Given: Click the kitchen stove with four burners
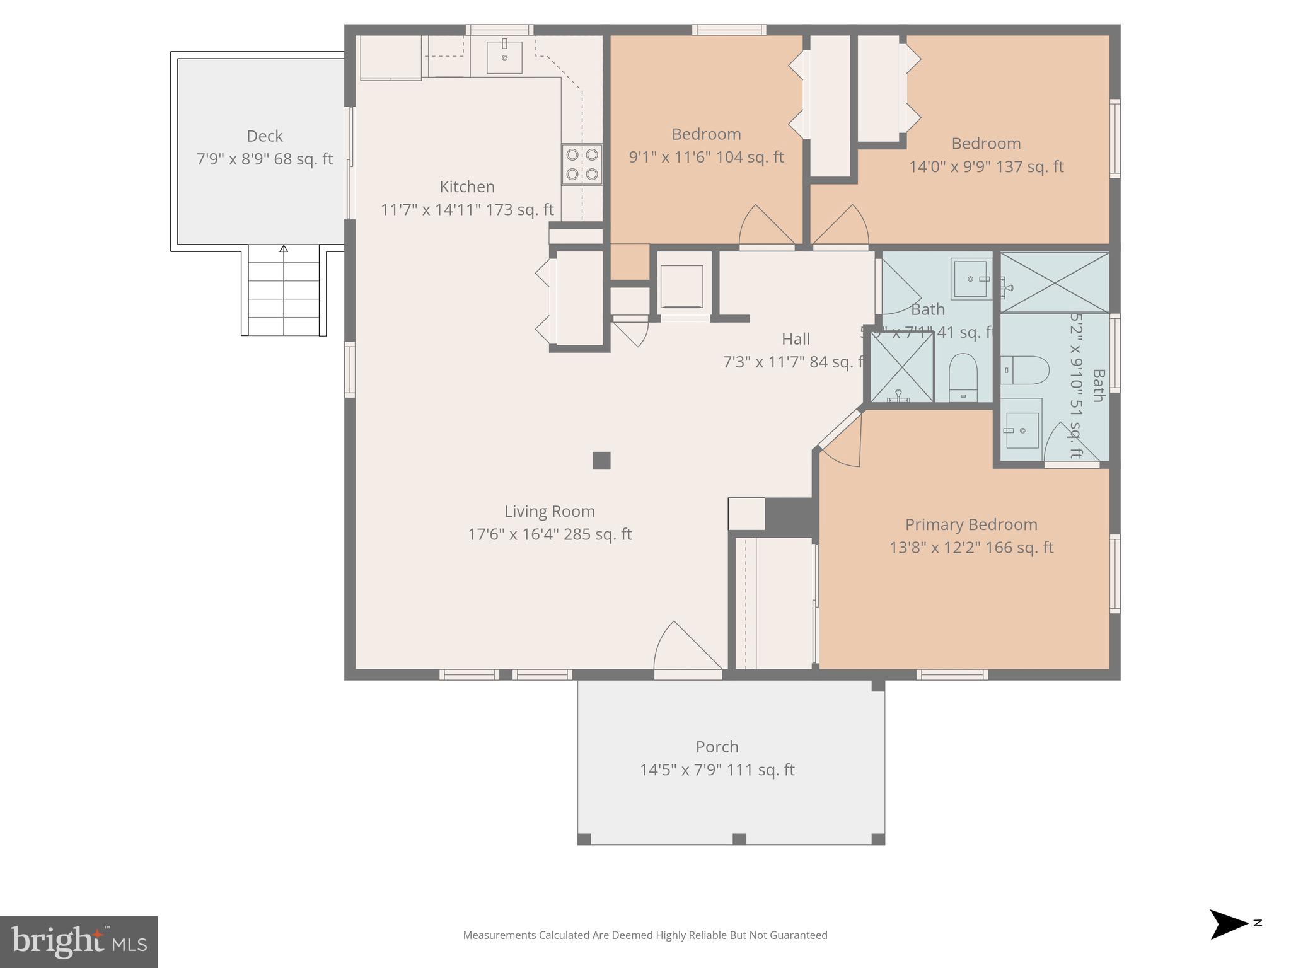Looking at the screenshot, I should (581, 164).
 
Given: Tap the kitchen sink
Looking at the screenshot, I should (504, 57).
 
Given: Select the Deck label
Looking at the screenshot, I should (264, 136).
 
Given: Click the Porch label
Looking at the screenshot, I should (717, 747).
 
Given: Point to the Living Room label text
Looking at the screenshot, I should (549, 511).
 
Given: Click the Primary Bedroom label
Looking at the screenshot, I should (971, 524).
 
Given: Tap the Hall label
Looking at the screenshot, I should (796, 339).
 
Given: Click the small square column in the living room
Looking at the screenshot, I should (601, 461).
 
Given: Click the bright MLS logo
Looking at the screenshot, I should (79, 942).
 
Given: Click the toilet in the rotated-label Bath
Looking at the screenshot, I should (1025, 370).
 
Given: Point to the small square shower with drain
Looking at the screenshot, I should (901, 367).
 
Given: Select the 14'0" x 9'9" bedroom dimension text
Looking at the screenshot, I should (986, 167).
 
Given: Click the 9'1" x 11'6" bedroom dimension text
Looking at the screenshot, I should (706, 157).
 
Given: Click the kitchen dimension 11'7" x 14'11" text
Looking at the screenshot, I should (466, 210).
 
